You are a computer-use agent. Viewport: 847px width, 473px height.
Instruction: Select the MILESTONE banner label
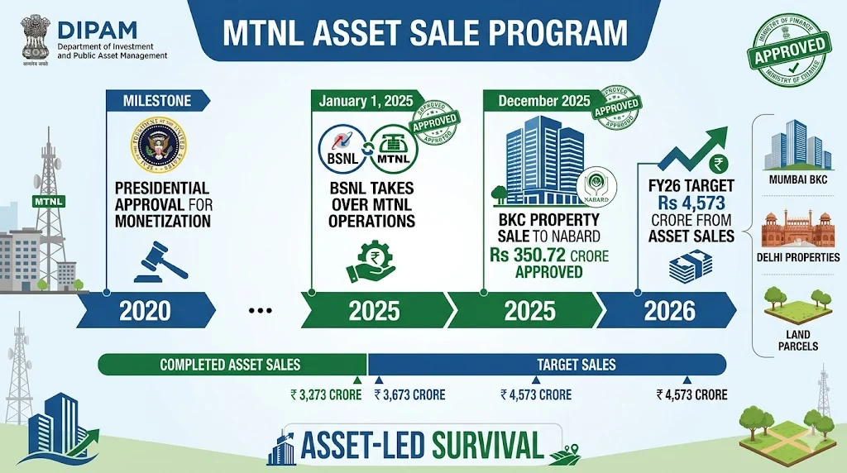(x=156, y=101)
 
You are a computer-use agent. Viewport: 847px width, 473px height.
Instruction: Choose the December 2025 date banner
(x=544, y=101)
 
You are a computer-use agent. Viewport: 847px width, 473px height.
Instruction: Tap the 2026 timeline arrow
(x=666, y=311)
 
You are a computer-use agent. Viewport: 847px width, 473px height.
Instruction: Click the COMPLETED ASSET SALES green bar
(x=231, y=365)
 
